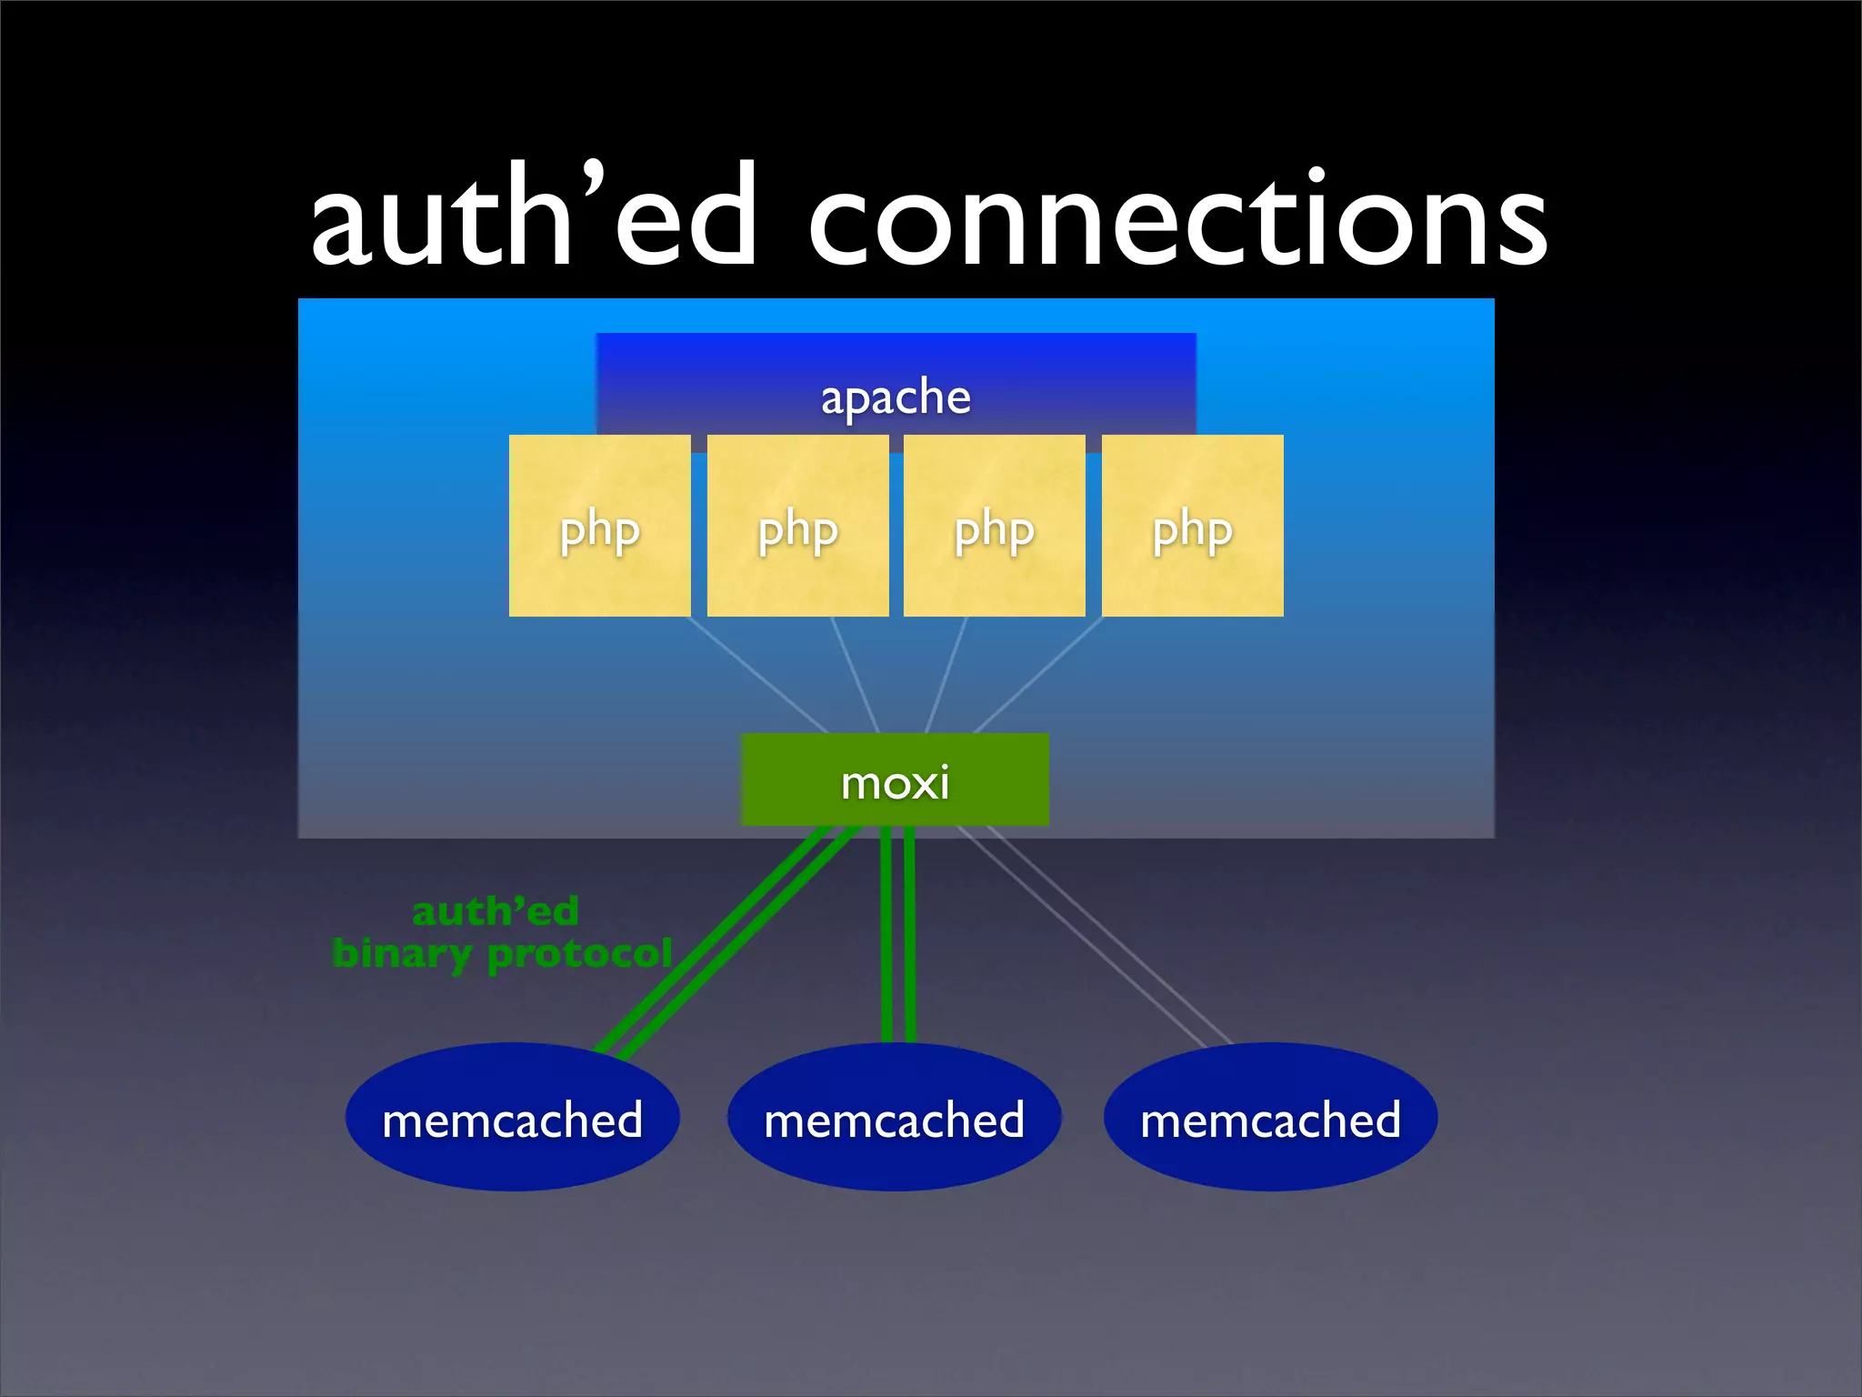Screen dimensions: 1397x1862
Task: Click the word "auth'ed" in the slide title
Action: coord(535,218)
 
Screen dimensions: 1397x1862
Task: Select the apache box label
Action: coord(896,397)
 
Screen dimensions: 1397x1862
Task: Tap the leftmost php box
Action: coord(600,526)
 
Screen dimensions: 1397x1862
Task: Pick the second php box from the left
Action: coord(797,526)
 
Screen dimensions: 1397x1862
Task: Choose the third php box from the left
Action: coord(995,526)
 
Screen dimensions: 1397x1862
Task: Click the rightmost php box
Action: coord(1192,526)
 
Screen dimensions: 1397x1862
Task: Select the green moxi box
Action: coord(896,780)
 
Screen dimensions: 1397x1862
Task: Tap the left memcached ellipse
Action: coord(513,1118)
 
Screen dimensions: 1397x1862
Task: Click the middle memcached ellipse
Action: coord(895,1118)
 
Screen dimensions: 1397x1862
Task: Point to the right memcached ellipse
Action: coord(1271,1118)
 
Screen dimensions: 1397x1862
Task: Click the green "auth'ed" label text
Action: coord(496,911)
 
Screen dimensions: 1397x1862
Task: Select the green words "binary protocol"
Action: coord(502,953)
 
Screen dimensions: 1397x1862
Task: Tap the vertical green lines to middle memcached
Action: coord(898,937)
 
